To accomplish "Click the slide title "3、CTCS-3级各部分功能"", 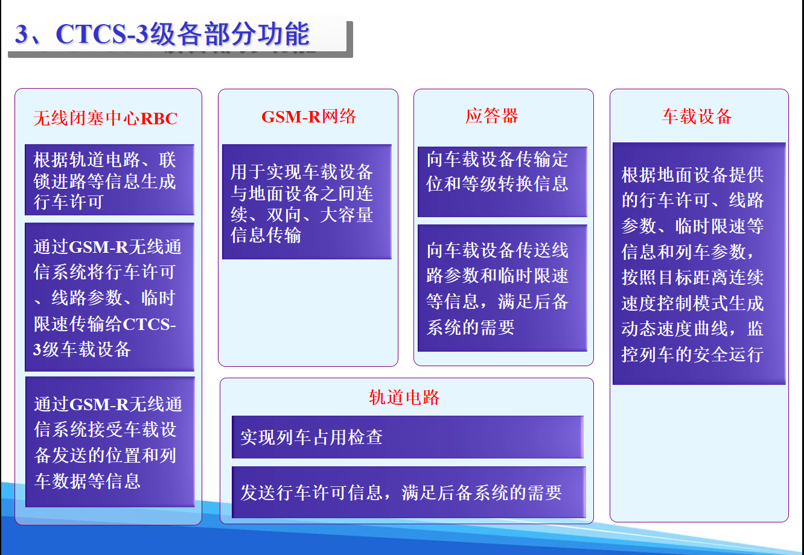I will click(x=162, y=34).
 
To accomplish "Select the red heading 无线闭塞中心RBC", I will click(x=105, y=118).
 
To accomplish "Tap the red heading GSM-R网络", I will click(x=308, y=116).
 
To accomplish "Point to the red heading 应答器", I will click(x=491, y=116).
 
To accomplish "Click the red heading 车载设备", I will click(x=697, y=116).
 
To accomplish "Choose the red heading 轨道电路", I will click(x=404, y=397).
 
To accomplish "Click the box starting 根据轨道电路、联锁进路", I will click(x=109, y=180).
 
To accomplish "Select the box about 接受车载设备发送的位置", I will click(x=109, y=442).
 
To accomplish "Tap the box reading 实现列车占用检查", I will click(x=407, y=437).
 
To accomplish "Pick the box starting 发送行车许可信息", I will click(x=407, y=492).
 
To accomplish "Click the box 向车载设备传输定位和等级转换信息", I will click(x=502, y=181).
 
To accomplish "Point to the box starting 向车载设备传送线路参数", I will click(x=502, y=288).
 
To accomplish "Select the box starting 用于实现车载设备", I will click(x=306, y=202).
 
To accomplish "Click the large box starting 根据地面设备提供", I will click(x=698, y=264).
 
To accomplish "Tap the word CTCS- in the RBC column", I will click(x=149, y=324).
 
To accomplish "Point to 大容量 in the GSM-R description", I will click(x=346, y=215).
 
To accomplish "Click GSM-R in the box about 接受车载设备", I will click(x=100, y=404).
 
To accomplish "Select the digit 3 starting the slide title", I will click(x=21, y=35).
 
